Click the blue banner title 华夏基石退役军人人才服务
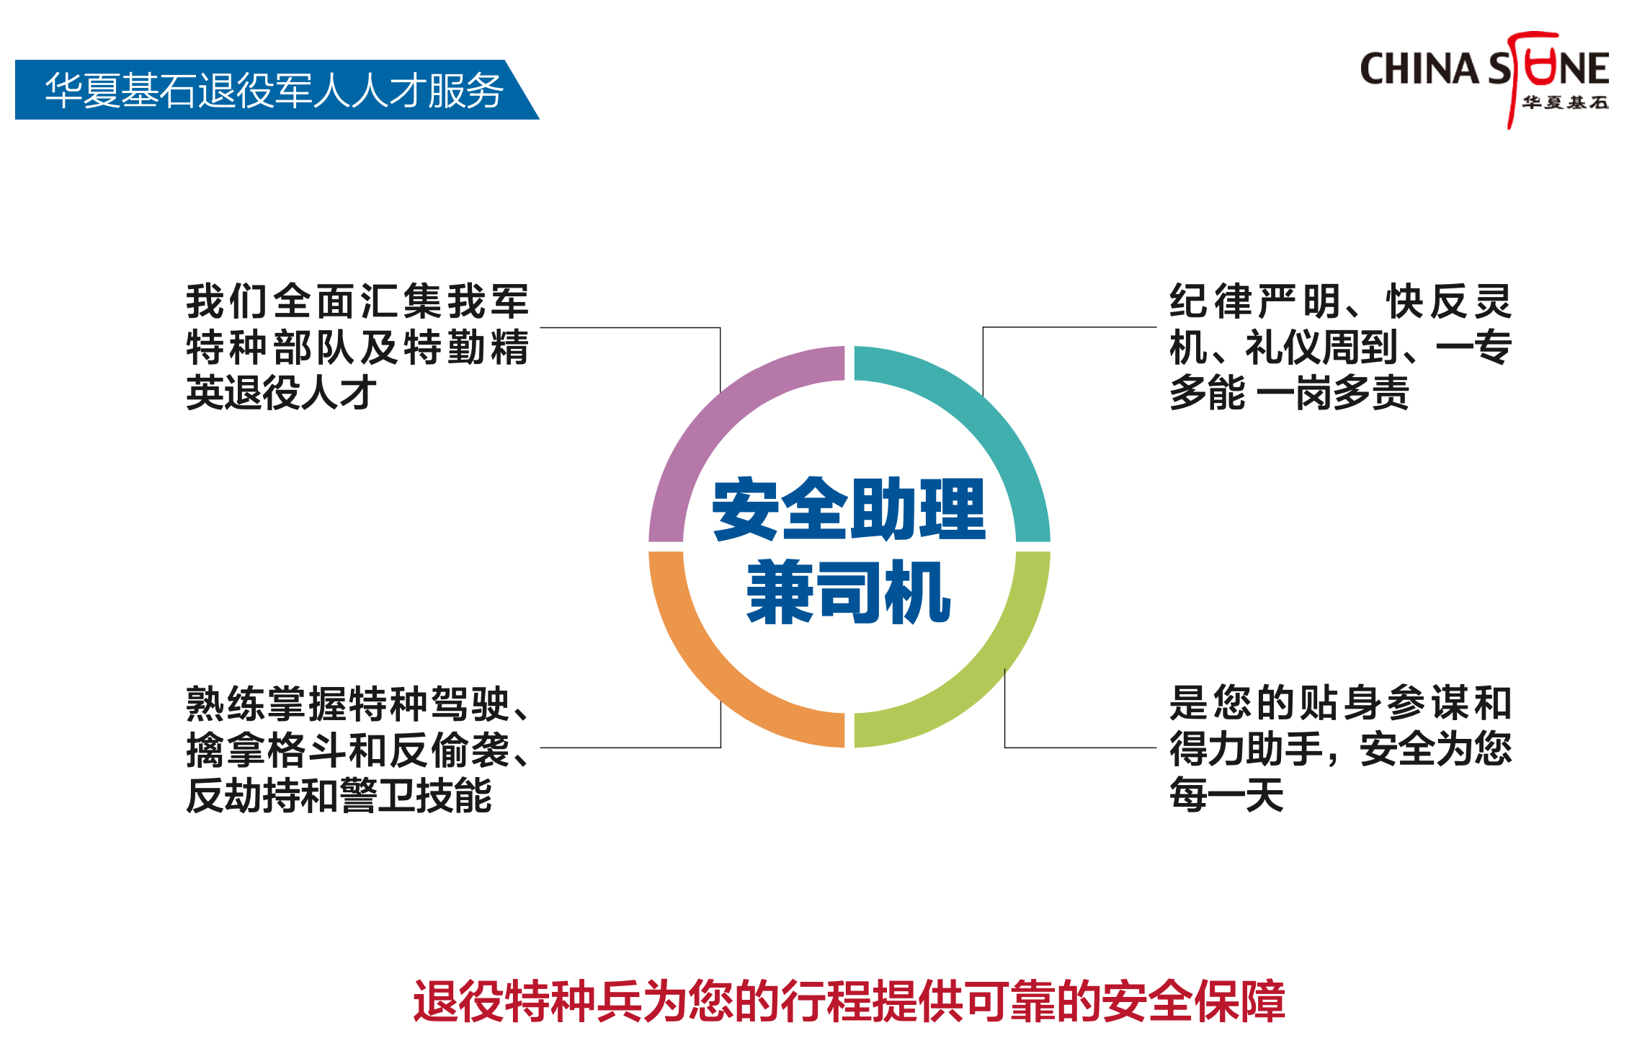click(x=274, y=90)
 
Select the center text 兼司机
click(x=849, y=593)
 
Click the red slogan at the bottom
click(x=849, y=1001)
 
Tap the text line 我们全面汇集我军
click(x=357, y=301)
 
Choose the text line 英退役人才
click(x=281, y=393)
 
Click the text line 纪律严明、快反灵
click(x=1340, y=301)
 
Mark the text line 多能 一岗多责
click(x=1290, y=393)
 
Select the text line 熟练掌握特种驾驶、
click(x=357, y=704)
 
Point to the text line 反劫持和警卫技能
click(x=339, y=796)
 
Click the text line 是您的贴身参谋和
click(x=1340, y=704)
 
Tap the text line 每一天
click(x=1226, y=796)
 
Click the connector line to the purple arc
click(x=630, y=328)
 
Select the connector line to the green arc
click(x=1081, y=748)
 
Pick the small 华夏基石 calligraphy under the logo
click(x=1565, y=103)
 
